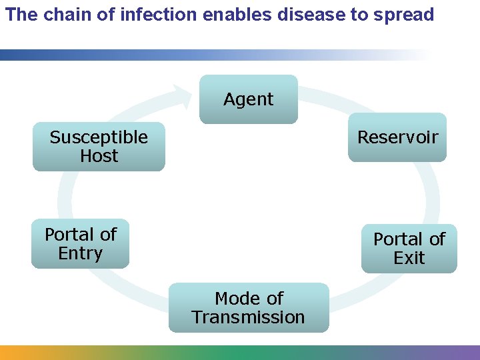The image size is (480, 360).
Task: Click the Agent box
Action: pos(249,99)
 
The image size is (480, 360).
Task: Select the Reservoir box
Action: pos(397,137)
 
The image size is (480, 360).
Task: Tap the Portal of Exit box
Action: pos(409,249)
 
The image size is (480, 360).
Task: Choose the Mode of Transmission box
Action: pos(249,307)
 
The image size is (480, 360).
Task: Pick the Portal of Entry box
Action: pos(80,244)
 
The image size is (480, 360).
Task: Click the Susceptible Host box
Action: pos(99,147)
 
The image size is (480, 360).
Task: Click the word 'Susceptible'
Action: pos(99,137)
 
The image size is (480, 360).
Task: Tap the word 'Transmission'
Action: pos(249,317)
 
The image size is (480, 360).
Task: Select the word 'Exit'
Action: pos(409,258)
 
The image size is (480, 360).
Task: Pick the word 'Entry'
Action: pos(80,253)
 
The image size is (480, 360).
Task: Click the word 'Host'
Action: pos(99,156)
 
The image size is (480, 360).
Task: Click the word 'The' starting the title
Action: pos(22,15)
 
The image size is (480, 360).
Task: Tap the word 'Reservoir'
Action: pos(397,137)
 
